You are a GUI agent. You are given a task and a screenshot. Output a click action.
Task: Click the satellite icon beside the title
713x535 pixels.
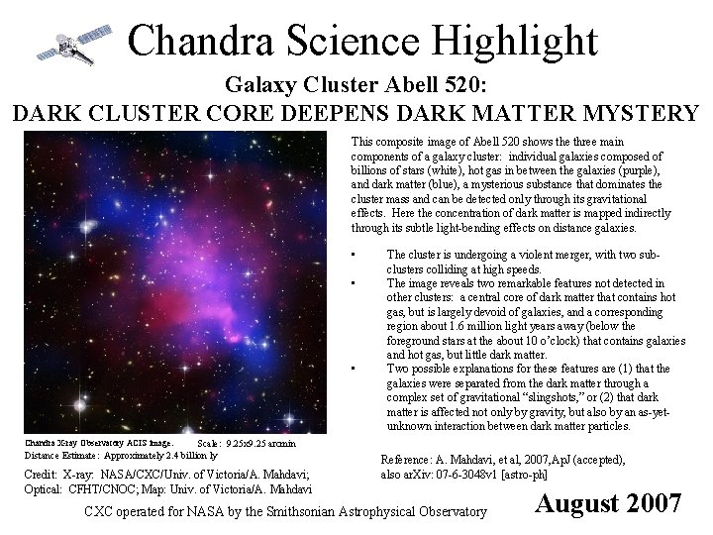(68, 44)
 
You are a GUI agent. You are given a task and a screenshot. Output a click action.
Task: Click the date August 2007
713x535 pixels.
(608, 502)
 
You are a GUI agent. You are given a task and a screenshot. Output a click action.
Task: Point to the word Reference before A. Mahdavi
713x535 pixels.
(408, 460)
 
